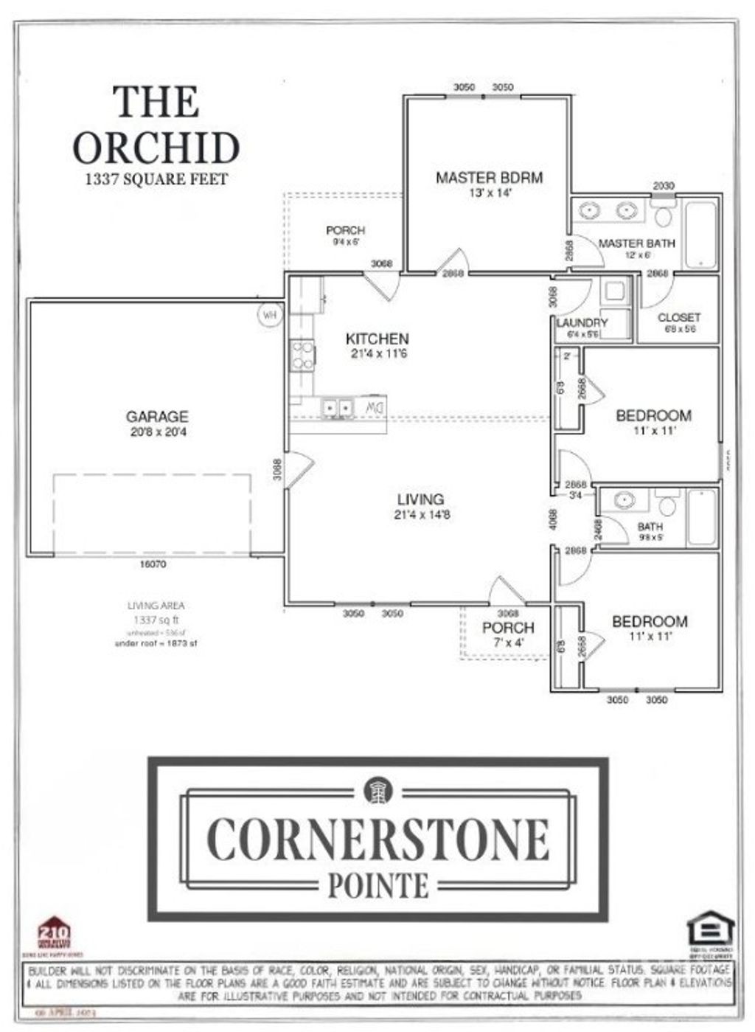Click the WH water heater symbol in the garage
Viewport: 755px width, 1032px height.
(x=269, y=315)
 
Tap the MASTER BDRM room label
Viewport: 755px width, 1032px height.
(x=489, y=177)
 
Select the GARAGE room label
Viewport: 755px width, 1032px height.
(x=156, y=416)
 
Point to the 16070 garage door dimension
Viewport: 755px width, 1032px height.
(x=153, y=564)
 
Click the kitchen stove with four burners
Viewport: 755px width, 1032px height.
(x=302, y=355)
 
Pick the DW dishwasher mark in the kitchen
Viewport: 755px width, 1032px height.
(x=375, y=406)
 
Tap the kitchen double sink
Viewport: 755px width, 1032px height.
(x=337, y=406)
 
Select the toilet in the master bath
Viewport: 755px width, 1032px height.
(x=664, y=215)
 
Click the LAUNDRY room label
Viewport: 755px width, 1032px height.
(x=582, y=322)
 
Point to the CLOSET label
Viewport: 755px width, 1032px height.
(x=678, y=317)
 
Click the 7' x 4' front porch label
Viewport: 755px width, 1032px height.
(x=508, y=642)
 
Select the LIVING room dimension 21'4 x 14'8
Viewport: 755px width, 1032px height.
(x=421, y=514)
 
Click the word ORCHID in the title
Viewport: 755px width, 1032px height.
(x=156, y=148)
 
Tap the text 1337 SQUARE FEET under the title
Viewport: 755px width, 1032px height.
(x=156, y=179)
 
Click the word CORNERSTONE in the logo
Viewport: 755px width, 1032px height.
(x=377, y=839)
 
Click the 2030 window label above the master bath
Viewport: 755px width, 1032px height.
(x=663, y=187)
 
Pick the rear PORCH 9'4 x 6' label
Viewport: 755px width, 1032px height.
(x=345, y=235)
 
